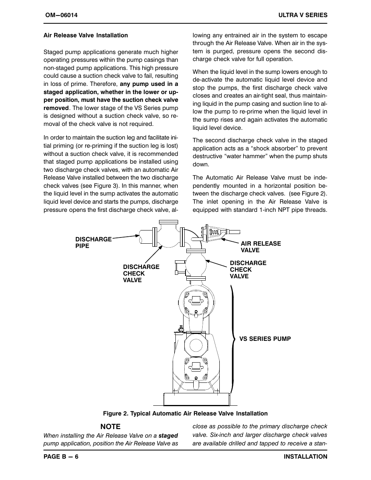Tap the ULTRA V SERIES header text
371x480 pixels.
pyautogui.click(x=303, y=15)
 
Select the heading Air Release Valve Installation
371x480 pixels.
pyautogui.click(x=86, y=35)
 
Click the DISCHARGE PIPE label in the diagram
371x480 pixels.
pyautogui.click(x=93, y=243)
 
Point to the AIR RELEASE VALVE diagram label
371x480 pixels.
pyautogui.click(x=261, y=247)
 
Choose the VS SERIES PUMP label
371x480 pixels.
pyautogui.click(x=265, y=339)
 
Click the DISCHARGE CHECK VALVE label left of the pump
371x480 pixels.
pyautogui.click(x=141, y=274)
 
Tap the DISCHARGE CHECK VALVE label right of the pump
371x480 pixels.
pyautogui.click(x=248, y=270)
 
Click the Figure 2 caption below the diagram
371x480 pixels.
pyautogui.click(x=185, y=414)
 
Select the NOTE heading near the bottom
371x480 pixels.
pyautogui.click(x=110, y=426)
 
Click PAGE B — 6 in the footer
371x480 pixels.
pyautogui.click(x=61, y=457)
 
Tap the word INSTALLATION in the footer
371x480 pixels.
pyautogui.click(x=305, y=457)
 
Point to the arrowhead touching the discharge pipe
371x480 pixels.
pyautogui.click(x=137, y=235)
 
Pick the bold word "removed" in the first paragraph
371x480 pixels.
pyautogui.click(x=56, y=108)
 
